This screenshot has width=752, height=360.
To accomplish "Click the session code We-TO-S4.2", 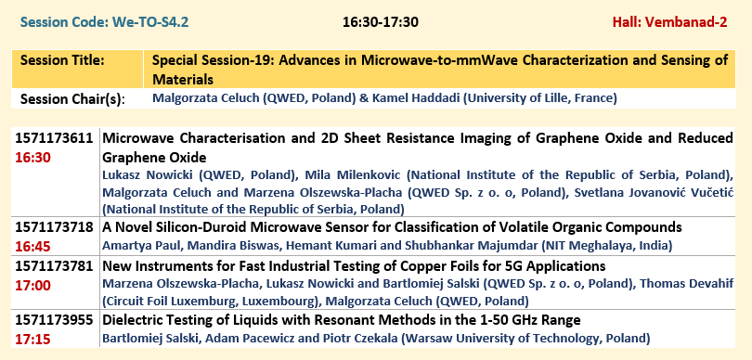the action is click(150, 22).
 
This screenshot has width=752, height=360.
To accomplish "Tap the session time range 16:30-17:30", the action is click(381, 22).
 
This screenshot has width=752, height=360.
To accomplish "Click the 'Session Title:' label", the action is click(62, 60).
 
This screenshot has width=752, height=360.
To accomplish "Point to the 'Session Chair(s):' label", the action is click(72, 99).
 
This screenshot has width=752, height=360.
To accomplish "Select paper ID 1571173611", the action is click(54, 138).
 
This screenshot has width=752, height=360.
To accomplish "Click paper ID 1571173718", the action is click(54, 226).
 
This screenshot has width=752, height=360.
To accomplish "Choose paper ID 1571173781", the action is click(54, 266).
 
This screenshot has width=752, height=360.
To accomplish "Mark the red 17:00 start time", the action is click(32, 286).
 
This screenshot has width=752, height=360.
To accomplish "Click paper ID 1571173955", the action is click(54, 320).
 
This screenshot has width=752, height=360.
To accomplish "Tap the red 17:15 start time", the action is click(32, 340).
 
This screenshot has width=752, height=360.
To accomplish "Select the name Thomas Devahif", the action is click(687, 284).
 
